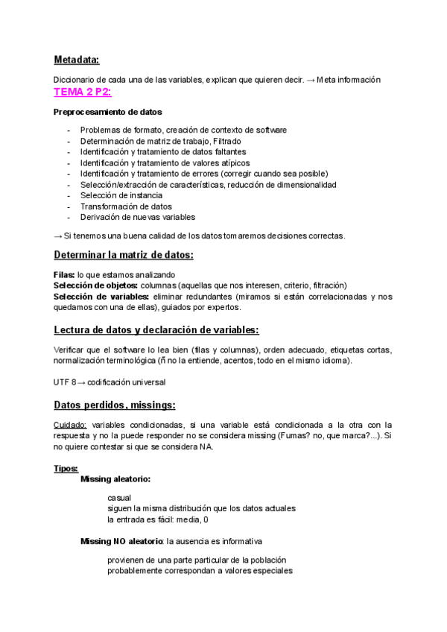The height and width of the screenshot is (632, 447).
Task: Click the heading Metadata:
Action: [76, 60]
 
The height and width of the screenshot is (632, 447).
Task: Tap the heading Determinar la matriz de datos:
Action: [124, 256]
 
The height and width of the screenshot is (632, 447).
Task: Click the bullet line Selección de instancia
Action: [121, 195]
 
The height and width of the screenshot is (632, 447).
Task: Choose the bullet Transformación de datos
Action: [126, 206]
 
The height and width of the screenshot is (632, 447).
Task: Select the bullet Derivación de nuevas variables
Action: [138, 217]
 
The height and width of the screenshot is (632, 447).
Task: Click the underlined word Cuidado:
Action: [70, 424]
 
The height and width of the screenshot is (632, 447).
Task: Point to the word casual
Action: [119, 497]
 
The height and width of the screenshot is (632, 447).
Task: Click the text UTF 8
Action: [64, 382]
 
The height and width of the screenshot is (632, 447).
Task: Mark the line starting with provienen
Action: [197, 560]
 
